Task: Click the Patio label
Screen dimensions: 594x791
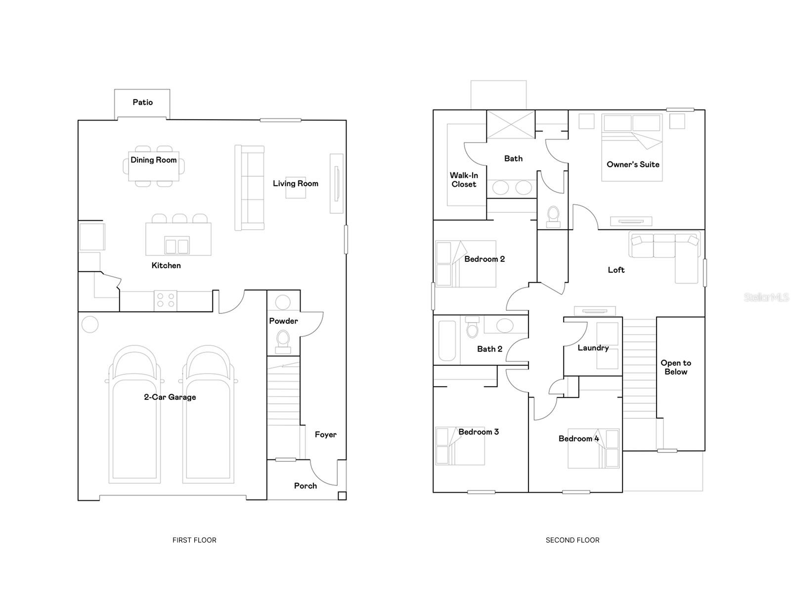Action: pyautogui.click(x=142, y=102)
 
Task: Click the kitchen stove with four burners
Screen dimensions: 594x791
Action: pyautogui.click(x=165, y=300)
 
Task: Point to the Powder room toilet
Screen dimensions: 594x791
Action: pyautogui.click(x=283, y=341)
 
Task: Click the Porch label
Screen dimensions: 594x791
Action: pyautogui.click(x=305, y=486)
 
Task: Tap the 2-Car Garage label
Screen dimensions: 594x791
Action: pyautogui.click(x=170, y=397)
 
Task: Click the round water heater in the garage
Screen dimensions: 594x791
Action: pyautogui.click(x=90, y=325)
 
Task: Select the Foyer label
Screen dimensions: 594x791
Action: pyautogui.click(x=325, y=435)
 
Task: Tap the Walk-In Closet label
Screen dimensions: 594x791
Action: pyautogui.click(x=464, y=180)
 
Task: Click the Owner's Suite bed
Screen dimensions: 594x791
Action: pyautogui.click(x=631, y=148)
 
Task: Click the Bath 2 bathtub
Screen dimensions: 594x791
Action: pyautogui.click(x=447, y=341)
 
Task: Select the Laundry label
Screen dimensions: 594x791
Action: pyautogui.click(x=593, y=348)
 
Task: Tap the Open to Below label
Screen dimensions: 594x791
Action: pyautogui.click(x=676, y=367)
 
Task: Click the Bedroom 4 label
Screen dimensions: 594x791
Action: pyautogui.click(x=578, y=439)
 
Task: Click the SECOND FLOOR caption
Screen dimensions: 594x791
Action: pyautogui.click(x=572, y=540)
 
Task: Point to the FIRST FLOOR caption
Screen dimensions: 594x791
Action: pyautogui.click(x=194, y=540)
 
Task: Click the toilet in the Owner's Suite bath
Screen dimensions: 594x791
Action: pyautogui.click(x=553, y=216)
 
